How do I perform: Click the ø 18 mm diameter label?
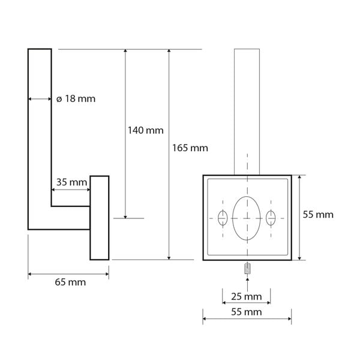click(x=76, y=99)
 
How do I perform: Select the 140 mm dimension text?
click(x=145, y=130)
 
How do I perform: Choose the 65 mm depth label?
click(x=68, y=281)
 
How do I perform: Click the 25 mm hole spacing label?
click(x=247, y=297)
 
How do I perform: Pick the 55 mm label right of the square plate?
click(x=317, y=214)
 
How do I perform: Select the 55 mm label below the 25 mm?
click(x=247, y=313)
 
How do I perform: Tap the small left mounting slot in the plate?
click(x=223, y=218)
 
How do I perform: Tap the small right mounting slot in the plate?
click(x=271, y=218)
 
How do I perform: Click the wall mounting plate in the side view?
click(x=100, y=217)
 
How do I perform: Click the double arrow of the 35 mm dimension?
click(x=71, y=191)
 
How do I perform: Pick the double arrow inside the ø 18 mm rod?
click(x=40, y=99)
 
